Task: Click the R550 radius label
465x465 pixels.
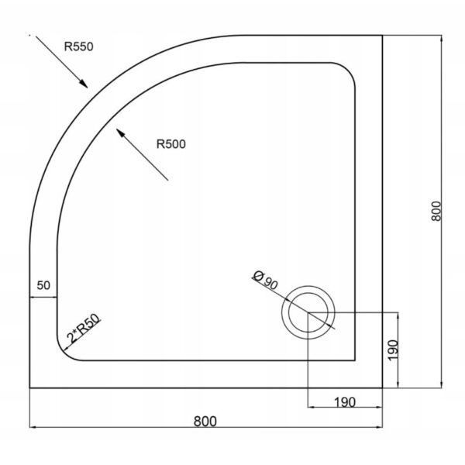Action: (79, 46)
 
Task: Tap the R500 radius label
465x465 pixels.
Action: (171, 144)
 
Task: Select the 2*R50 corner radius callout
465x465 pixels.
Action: (84, 329)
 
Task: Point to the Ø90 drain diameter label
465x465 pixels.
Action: (265, 281)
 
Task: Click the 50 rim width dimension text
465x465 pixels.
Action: (43, 285)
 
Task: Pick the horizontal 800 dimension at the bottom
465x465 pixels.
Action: (205, 421)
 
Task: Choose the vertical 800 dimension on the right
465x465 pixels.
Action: (436, 211)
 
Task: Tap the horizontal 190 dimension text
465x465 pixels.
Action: (345, 402)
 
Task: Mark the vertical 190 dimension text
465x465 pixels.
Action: (393, 350)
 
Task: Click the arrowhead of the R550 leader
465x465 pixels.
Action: (84, 84)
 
